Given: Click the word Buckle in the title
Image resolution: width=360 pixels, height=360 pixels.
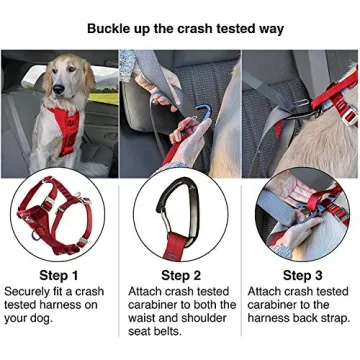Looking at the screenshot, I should click(99, 28).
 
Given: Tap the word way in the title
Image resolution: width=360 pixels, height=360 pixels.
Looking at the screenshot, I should click(269, 28).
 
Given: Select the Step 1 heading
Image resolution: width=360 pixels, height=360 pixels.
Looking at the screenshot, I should click(60, 274).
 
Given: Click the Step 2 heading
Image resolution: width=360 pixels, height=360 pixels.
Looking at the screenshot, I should click(180, 274).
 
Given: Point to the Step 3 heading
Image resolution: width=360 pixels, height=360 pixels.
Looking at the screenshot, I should click(300, 274).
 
